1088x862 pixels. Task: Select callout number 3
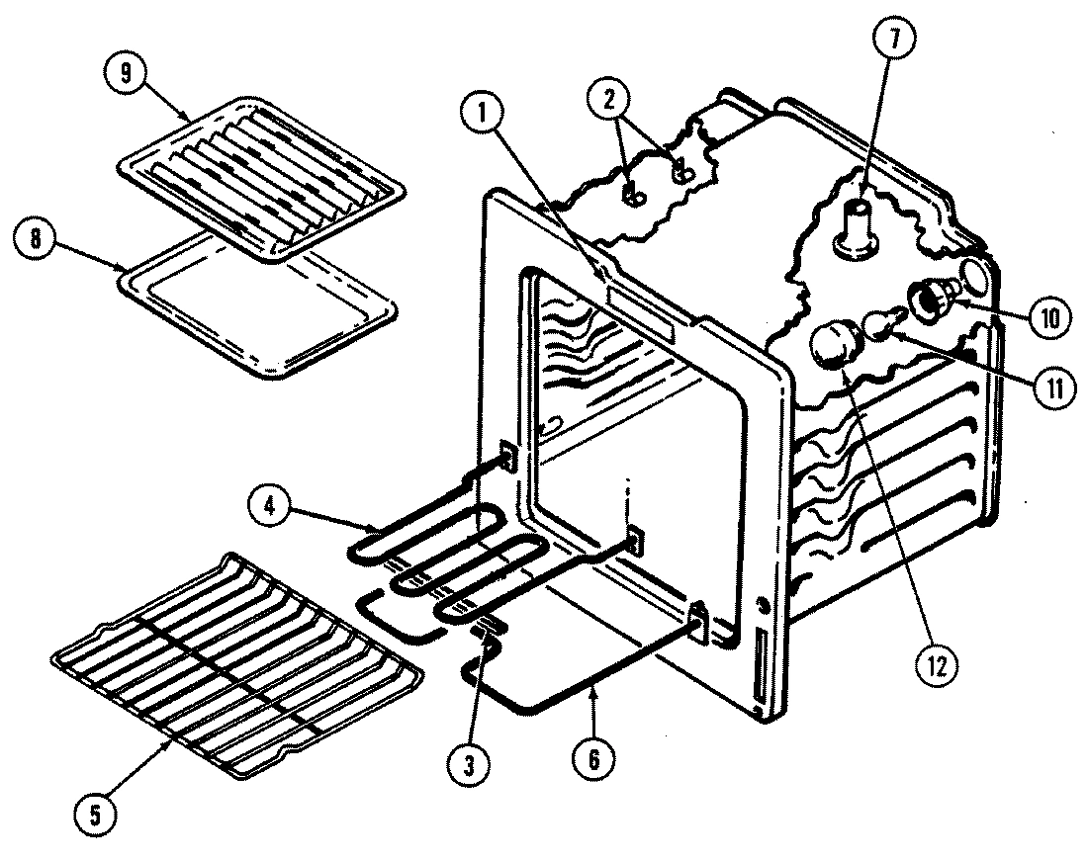tap(469, 763)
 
